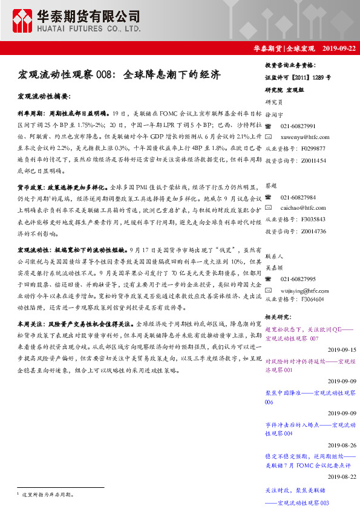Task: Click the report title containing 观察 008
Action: click(119, 76)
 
